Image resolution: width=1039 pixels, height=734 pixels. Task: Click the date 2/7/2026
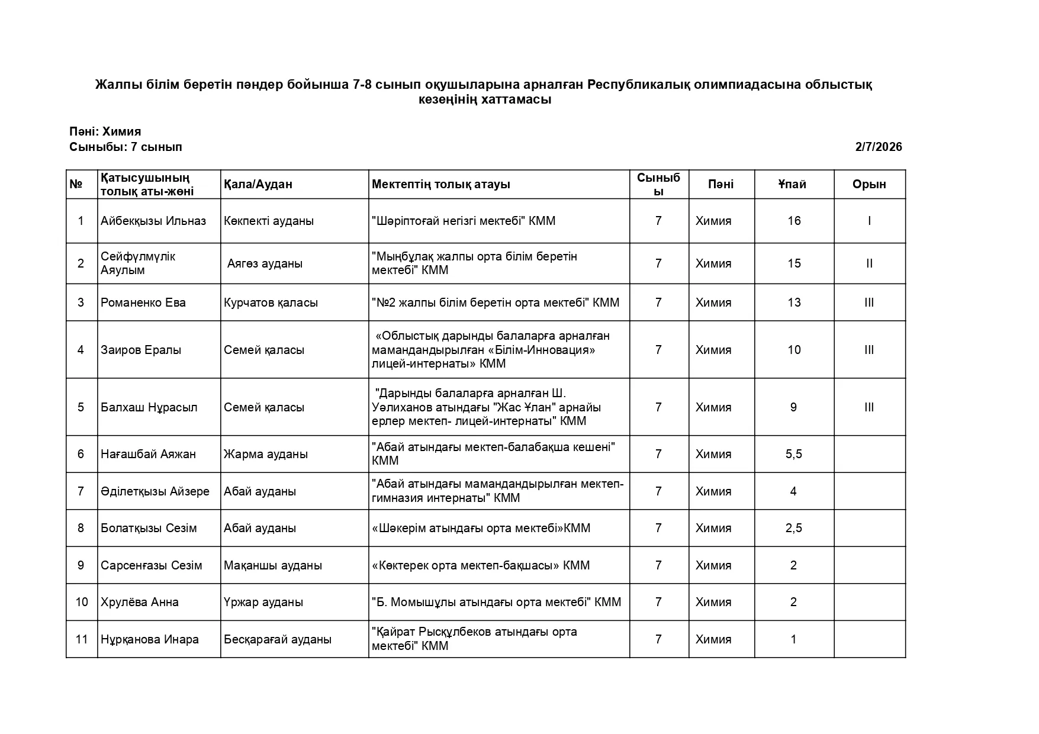[878, 147]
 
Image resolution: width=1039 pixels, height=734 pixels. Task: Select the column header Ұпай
[792, 184]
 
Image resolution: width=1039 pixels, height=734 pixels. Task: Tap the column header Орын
[868, 184]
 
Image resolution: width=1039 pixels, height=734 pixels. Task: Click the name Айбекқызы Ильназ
[153, 221]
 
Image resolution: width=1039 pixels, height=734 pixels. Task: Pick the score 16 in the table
[794, 221]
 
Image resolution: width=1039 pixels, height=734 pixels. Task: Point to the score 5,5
[793, 454]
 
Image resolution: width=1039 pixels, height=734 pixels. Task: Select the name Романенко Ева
[143, 302]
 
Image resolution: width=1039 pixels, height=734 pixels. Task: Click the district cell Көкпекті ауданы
[269, 221]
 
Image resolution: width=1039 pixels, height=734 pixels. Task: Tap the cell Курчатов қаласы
[271, 302]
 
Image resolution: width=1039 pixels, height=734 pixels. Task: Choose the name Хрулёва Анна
[140, 602]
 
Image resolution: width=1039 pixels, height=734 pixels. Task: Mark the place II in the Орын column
[868, 263]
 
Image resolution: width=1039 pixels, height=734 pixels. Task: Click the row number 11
[82, 639]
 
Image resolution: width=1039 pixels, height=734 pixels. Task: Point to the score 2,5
[793, 528]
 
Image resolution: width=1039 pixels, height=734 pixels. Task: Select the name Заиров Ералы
[141, 350]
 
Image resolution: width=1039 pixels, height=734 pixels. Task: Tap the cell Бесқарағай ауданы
[278, 639]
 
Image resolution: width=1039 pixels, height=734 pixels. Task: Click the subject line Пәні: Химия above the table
[105, 131]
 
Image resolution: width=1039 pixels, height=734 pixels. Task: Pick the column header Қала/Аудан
[258, 184]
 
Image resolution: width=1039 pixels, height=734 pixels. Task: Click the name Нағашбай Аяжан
[148, 454]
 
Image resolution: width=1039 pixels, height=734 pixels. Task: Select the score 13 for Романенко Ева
[794, 302]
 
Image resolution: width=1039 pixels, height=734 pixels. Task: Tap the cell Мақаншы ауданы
[273, 565]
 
